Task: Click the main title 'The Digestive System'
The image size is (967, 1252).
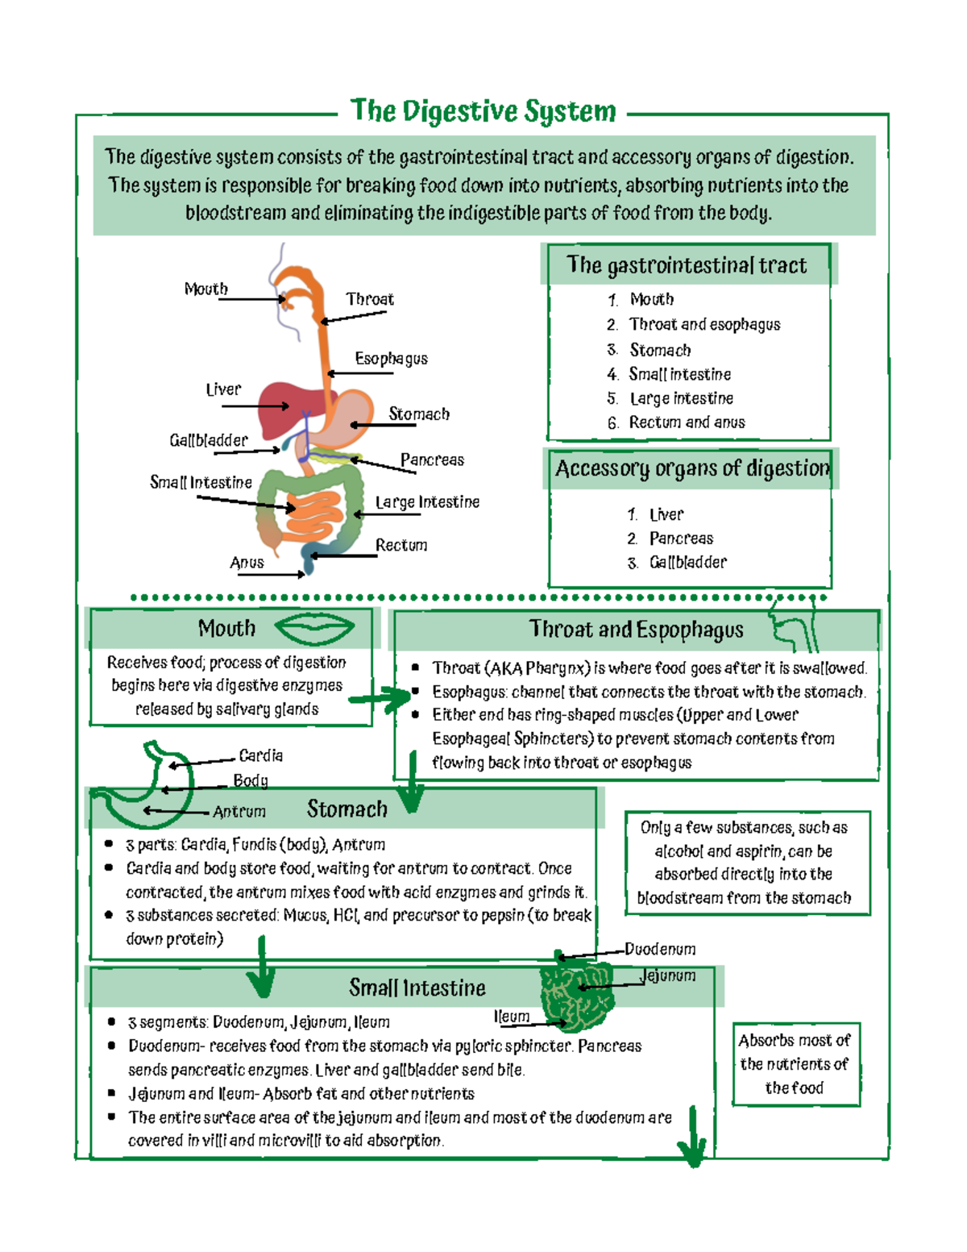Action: pos(483,111)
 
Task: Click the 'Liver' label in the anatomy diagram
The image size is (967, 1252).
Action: pos(223,389)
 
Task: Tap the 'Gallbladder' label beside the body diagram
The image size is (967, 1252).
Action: pos(209,440)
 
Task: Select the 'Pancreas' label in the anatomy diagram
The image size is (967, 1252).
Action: pos(432,460)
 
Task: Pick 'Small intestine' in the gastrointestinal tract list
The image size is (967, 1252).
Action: pos(679,374)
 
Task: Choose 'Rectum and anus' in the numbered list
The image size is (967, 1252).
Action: pos(687,422)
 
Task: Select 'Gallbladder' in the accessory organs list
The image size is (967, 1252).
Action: pos(687,563)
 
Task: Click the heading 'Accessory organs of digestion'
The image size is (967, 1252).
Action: pos(691,468)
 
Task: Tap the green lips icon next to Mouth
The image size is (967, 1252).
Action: pos(313,629)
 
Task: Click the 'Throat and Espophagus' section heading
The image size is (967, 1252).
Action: pos(636,630)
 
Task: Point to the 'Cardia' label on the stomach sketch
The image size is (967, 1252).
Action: pos(260,755)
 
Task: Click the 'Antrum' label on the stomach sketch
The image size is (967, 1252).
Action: pos(239,812)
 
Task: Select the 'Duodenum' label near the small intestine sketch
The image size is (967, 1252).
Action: pos(660,950)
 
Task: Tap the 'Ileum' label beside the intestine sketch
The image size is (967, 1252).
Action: pos(512,1017)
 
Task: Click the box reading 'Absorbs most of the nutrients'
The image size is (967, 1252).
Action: pos(795,1064)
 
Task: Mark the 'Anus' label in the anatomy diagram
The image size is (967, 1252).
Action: pos(247,563)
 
